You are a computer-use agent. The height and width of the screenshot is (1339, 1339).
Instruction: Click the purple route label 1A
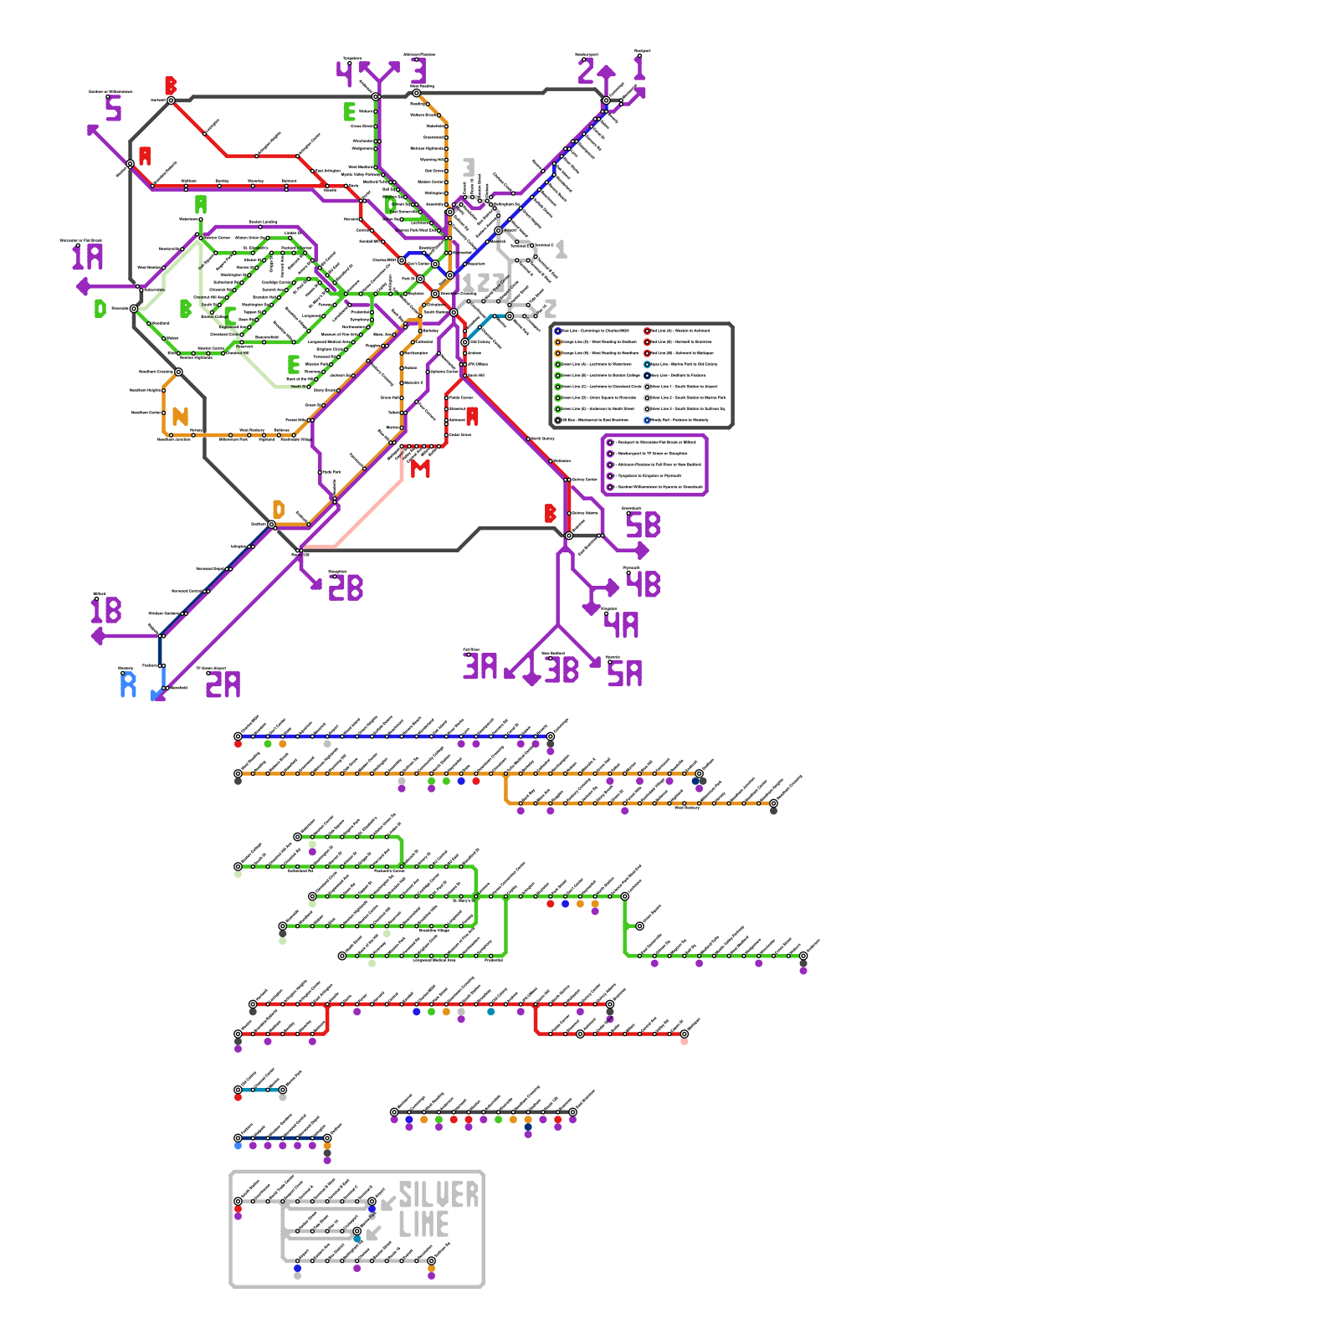87,257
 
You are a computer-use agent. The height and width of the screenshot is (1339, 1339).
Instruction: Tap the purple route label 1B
106,610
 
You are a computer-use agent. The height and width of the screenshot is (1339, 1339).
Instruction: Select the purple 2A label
223,685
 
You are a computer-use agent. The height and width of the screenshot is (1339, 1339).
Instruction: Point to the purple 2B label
346,588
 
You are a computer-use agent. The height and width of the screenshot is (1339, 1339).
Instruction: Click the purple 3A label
480,667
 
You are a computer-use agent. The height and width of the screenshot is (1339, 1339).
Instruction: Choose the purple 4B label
643,584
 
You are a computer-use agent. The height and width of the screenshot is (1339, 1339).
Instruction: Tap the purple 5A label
624,673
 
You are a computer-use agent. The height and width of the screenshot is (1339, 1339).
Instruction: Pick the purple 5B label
643,526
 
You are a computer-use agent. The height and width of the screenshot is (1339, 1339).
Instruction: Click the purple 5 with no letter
114,109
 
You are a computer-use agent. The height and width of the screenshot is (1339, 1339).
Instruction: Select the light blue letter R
128,685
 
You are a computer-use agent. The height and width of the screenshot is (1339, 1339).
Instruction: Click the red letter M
420,469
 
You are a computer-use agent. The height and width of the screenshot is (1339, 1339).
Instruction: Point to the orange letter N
180,416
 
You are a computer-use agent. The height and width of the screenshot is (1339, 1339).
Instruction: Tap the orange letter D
279,509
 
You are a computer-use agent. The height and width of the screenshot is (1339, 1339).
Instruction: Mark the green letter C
230,316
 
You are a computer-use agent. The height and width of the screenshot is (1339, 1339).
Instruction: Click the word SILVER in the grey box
439,1195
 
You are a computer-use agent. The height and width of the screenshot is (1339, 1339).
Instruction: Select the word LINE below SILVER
423,1225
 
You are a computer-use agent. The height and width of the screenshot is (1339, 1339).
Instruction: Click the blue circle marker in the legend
558,331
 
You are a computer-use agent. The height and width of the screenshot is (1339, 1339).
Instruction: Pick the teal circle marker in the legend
647,364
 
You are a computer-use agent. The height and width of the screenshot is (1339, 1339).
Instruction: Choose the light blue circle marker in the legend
647,420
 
